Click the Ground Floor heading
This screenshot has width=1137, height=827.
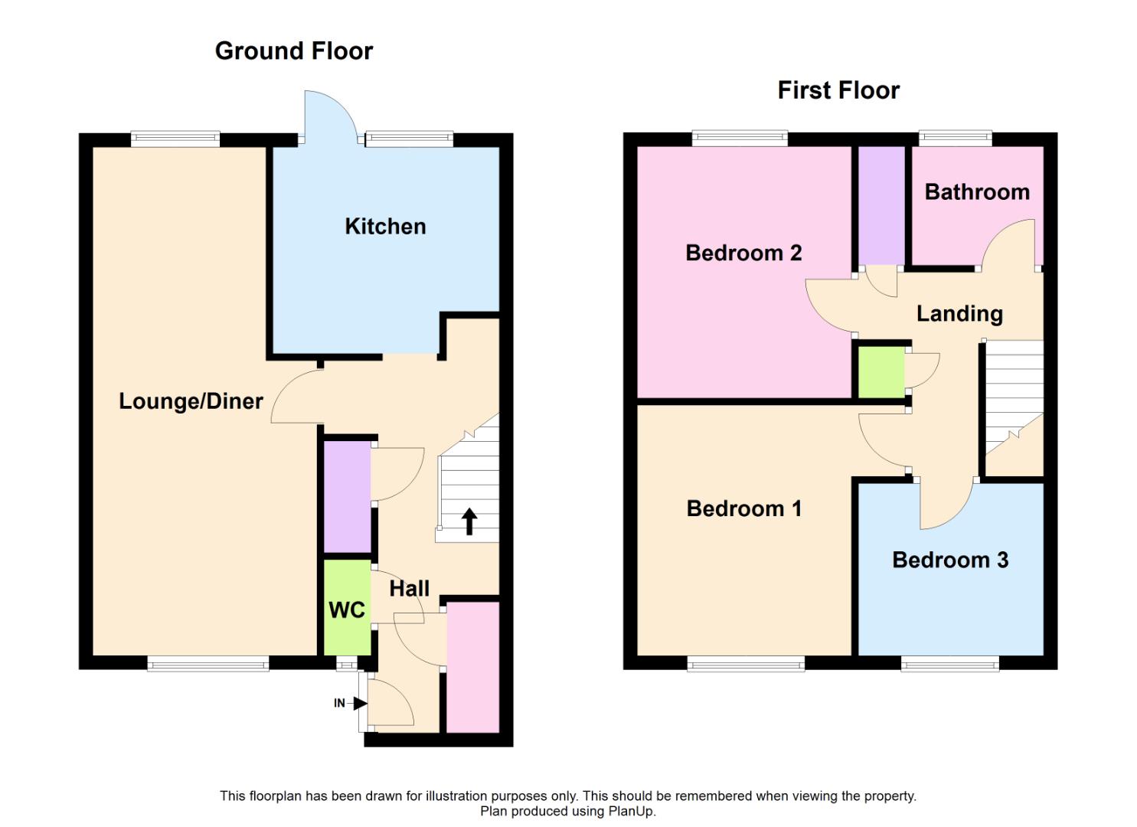coord(294,51)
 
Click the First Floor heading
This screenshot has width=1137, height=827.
coord(838,90)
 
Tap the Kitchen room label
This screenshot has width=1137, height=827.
coord(385,226)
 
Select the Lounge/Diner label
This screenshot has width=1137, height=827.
coord(191,401)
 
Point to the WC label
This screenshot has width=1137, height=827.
coord(347,610)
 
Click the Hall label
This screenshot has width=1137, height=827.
coord(409,588)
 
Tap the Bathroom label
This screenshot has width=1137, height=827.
coord(977,191)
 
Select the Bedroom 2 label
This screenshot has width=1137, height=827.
coord(743,253)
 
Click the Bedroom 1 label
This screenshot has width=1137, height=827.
coord(743,508)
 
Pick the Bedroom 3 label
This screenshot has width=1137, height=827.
coord(950,560)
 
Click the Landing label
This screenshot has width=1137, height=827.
coord(959,313)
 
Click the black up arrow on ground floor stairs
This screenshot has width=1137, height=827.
coord(469,521)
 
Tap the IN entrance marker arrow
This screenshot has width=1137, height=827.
coord(360,703)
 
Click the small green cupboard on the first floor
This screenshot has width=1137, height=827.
coord(881,373)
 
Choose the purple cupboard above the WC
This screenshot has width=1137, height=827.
coord(347,496)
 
